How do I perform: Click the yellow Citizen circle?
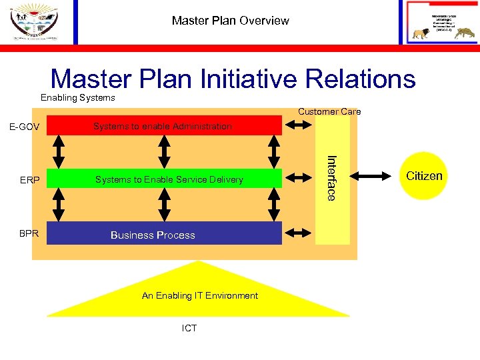click(424, 176)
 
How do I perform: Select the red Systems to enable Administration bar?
click(163, 125)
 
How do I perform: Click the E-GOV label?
click(25, 127)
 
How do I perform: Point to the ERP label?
click(30, 180)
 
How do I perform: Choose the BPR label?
click(29, 234)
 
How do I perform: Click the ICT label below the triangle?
click(189, 328)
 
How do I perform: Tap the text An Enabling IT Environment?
click(200, 295)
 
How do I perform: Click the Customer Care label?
click(329, 111)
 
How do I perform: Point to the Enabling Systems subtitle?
click(78, 98)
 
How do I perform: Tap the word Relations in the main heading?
click(361, 79)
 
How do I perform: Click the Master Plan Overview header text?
click(230, 21)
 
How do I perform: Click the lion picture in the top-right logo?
click(421, 34)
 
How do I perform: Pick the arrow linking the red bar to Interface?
click(298, 125)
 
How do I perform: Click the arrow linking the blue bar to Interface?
click(298, 233)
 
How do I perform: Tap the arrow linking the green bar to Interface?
click(298, 178)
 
